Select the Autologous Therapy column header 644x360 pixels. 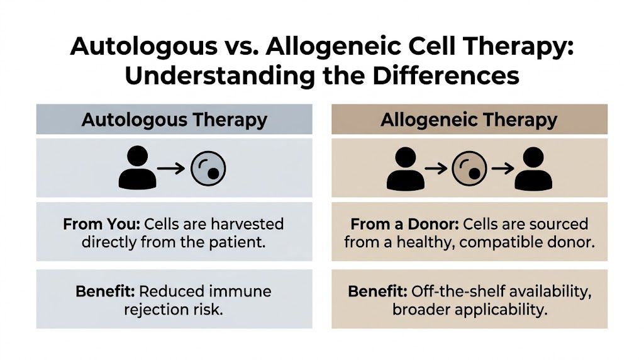point(174,120)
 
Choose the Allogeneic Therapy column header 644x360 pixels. point(469,120)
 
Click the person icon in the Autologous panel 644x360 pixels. point(136,168)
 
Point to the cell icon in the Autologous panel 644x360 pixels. point(208,168)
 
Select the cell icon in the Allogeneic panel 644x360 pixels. point(469,168)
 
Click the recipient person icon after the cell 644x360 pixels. point(533,168)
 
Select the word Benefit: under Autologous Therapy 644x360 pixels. point(104,291)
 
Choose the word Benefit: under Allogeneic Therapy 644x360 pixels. point(377,291)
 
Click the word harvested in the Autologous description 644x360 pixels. point(249,224)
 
